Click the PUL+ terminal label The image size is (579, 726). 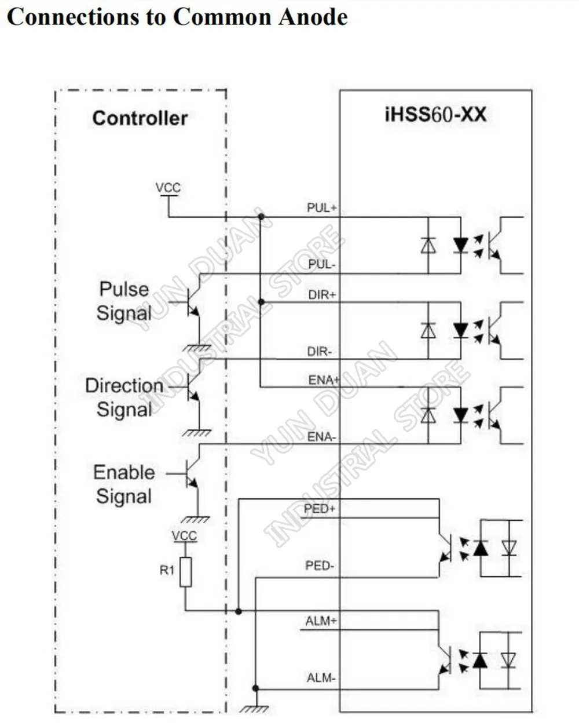pos(321,207)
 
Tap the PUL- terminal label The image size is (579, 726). pos(321,264)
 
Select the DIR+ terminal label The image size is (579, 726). pos(322,294)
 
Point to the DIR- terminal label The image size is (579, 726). pos(320,352)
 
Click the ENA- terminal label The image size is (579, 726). pos(321,437)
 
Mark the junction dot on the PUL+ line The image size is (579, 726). pos(261,217)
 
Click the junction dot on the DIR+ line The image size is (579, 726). pos(261,302)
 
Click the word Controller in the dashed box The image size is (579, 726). pos(140,118)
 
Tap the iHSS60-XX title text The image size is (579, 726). pos(435,115)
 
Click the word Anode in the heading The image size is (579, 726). pos(313,17)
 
